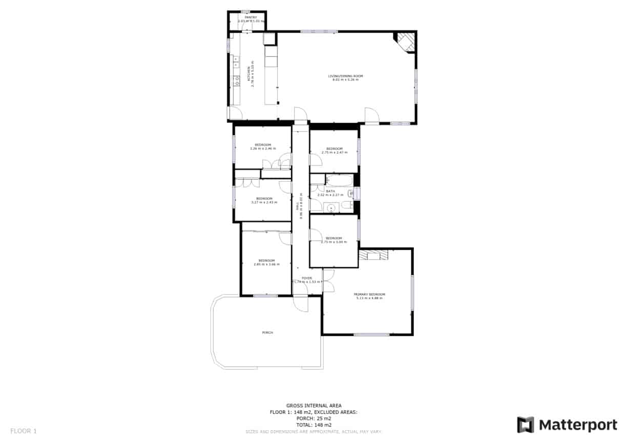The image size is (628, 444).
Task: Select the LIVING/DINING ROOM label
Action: coord(345,76)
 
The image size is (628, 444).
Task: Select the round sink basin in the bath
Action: coord(331,208)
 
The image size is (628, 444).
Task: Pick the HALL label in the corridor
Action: coord(297,206)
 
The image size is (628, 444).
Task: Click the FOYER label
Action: coord(306,278)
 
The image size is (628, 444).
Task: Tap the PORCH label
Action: coord(267,332)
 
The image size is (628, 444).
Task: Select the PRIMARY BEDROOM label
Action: coord(369,294)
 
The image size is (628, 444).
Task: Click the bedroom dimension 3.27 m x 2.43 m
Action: coord(264,202)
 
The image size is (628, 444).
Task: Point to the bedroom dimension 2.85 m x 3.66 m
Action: coord(266,264)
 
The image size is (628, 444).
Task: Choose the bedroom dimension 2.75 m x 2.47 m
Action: coord(334,152)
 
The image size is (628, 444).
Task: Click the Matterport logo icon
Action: coord(525,425)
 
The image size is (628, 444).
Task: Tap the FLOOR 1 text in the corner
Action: coord(24,431)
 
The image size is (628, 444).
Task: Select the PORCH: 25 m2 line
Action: coord(313,418)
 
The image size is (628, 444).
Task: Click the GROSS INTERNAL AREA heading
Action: coord(313,406)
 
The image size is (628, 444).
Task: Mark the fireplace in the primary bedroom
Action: coord(374,255)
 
